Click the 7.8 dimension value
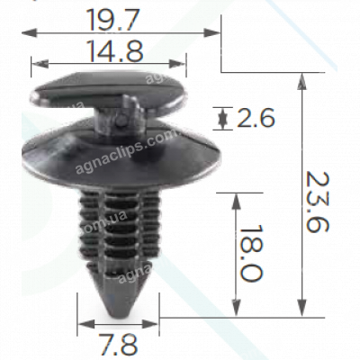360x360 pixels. [x=117, y=343]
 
